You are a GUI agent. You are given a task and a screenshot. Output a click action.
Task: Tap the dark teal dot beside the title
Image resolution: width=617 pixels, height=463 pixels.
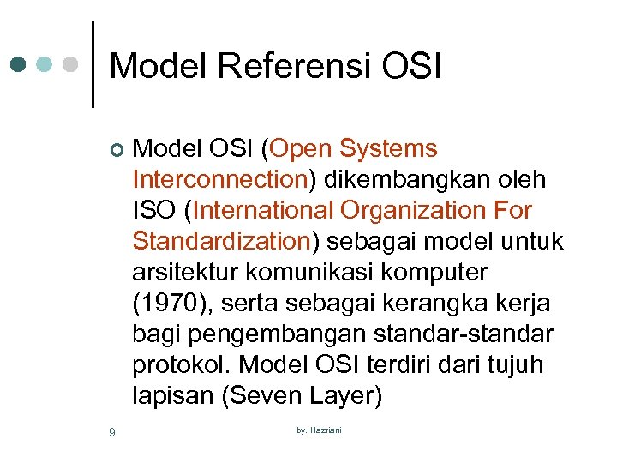(x=20, y=64)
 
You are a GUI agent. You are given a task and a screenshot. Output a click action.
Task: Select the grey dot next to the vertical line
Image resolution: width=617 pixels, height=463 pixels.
(x=73, y=64)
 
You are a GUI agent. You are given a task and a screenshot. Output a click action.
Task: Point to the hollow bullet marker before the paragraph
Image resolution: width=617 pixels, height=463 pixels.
(x=117, y=151)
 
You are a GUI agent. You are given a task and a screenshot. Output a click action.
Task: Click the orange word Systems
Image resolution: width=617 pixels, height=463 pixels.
(x=388, y=149)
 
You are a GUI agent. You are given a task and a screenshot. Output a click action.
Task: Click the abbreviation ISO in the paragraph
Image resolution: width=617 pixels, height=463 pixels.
(x=157, y=211)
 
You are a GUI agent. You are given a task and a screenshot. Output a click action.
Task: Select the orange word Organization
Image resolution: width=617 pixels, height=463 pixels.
(x=414, y=211)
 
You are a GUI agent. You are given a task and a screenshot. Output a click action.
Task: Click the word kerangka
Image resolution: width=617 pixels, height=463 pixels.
(x=439, y=304)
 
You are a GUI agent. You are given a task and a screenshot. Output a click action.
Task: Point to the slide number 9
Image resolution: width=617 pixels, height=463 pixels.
(x=112, y=431)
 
